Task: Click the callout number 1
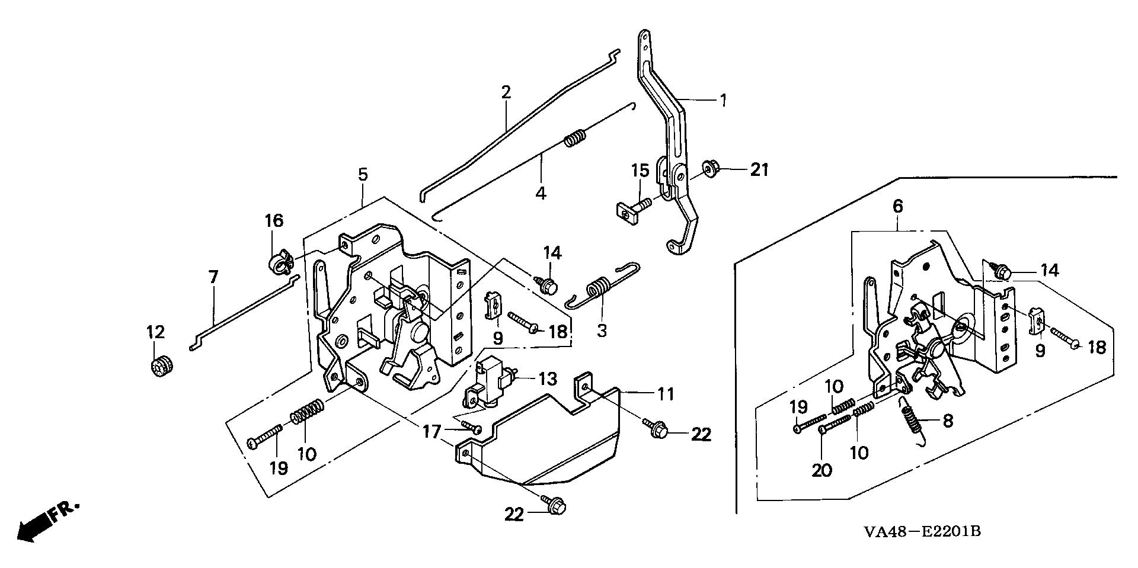pyautogui.click(x=723, y=100)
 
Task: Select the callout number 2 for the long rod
pyautogui.click(x=506, y=92)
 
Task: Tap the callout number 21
pyautogui.click(x=759, y=170)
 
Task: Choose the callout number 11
pyautogui.click(x=666, y=393)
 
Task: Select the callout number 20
pyautogui.click(x=822, y=470)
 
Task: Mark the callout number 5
pyautogui.click(x=363, y=175)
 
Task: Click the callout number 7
pyautogui.click(x=213, y=277)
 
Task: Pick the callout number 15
pyautogui.click(x=640, y=171)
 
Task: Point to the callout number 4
pyautogui.click(x=541, y=193)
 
